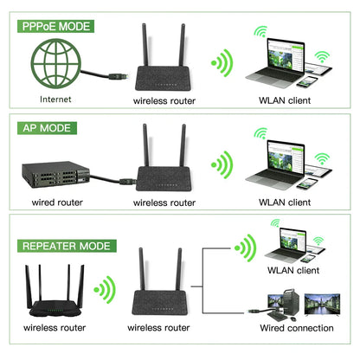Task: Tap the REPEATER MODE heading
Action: (x=66, y=245)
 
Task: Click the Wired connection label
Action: (x=297, y=328)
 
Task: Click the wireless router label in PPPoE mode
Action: (x=164, y=100)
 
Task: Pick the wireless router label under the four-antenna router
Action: (x=53, y=328)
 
